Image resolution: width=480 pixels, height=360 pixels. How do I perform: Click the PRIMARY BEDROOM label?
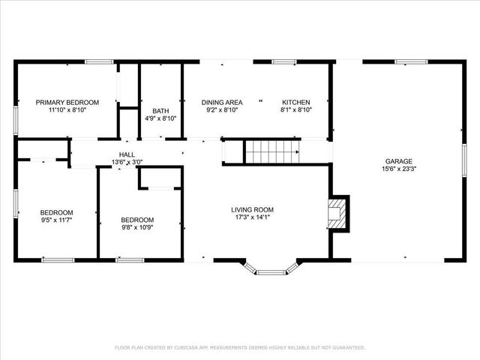pos(67,102)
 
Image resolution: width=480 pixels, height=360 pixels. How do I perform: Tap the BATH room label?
pos(160,111)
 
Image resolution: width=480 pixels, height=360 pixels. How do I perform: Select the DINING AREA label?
pos(221,102)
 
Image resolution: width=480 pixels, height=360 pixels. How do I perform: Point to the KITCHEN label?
pos(295,102)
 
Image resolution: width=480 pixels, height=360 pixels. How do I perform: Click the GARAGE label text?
pos(398,161)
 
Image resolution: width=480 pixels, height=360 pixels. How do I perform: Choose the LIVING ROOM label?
pos(252,210)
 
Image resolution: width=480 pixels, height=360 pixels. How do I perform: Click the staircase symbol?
pos(272,151)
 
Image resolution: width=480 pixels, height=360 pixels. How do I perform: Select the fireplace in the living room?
pos(339,213)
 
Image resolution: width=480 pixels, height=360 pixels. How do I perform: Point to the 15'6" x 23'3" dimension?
pos(398,169)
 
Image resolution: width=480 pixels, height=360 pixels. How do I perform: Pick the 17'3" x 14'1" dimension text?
pos(252,218)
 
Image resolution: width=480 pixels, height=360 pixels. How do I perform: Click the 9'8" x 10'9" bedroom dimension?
pos(137,228)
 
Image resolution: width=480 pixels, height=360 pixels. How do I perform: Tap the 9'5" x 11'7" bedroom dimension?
pos(56,220)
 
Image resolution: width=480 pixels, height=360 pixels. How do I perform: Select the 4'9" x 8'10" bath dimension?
pos(160,118)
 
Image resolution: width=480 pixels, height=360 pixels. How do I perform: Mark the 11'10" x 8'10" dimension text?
pos(67,109)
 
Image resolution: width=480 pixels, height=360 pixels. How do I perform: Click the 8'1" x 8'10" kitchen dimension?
pos(295,109)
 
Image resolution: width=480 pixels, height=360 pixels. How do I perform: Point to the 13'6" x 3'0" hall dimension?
pos(127,162)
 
